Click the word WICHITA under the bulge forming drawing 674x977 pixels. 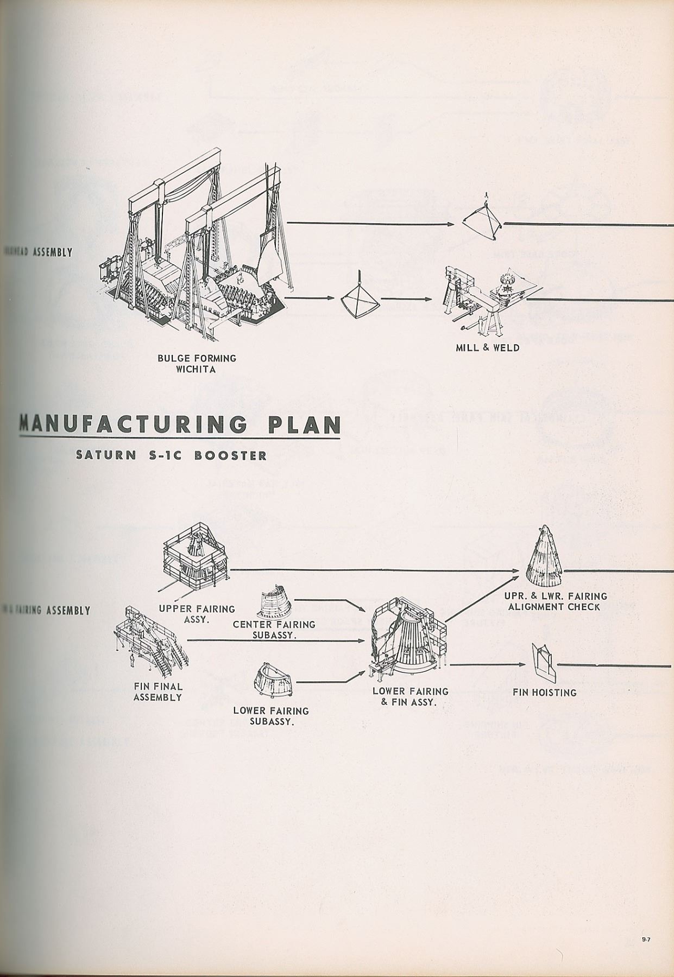click(x=196, y=370)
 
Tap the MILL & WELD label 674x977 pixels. click(x=487, y=347)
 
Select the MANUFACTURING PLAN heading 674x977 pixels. click(x=180, y=424)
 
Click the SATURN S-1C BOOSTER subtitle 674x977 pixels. click(x=172, y=455)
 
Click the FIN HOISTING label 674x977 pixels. click(x=544, y=693)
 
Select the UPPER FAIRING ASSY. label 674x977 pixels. click(x=197, y=614)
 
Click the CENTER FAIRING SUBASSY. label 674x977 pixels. click(x=274, y=630)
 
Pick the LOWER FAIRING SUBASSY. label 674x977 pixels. click(x=271, y=716)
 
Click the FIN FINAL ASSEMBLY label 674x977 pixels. click(x=158, y=691)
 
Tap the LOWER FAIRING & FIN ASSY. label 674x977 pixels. click(x=410, y=696)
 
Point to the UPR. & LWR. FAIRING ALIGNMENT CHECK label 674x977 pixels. click(x=554, y=601)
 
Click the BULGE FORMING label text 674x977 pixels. click(x=197, y=358)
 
